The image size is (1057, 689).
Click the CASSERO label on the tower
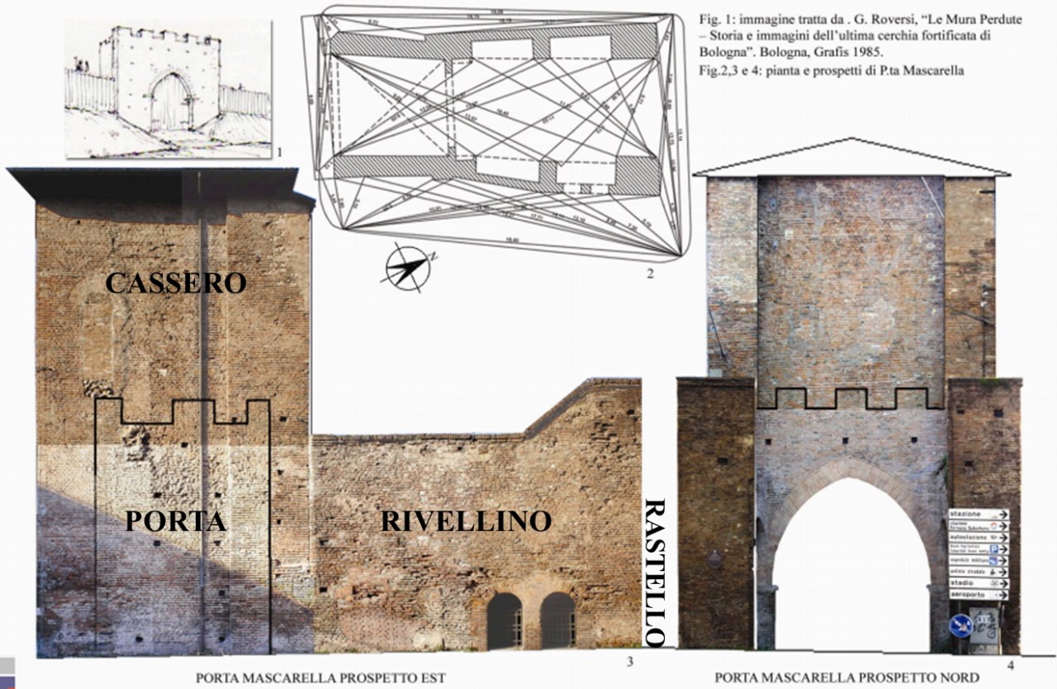[x=175, y=283]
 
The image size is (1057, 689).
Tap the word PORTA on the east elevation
[x=176, y=521]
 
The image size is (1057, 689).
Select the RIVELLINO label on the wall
[x=466, y=521]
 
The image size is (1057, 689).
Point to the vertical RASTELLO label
[x=654, y=572]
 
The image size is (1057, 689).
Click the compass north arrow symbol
[x=405, y=268]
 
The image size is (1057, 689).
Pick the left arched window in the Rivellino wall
[x=504, y=620]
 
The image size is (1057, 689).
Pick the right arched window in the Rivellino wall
[x=558, y=620]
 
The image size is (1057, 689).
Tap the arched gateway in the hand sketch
[x=171, y=101]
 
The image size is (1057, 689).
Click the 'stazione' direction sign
[x=979, y=515]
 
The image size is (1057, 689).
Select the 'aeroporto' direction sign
[x=979, y=595]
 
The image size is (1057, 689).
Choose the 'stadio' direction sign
[x=979, y=583]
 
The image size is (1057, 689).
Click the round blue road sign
[x=960, y=626]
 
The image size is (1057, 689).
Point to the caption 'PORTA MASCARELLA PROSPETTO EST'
[x=320, y=678]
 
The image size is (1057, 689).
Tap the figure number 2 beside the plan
[x=650, y=273]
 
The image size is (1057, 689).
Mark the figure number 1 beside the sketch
[x=280, y=152]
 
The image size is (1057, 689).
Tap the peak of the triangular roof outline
[x=851, y=140]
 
